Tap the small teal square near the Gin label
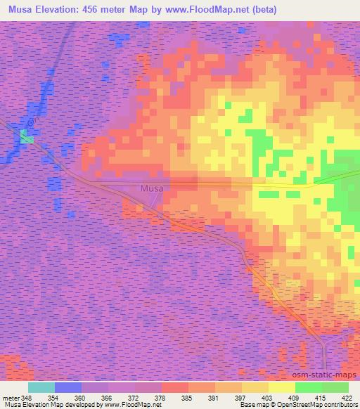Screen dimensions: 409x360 [27, 138]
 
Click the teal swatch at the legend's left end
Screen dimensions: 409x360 [41, 387]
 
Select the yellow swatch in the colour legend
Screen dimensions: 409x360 [282, 387]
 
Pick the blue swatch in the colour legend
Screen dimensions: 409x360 [68, 387]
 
